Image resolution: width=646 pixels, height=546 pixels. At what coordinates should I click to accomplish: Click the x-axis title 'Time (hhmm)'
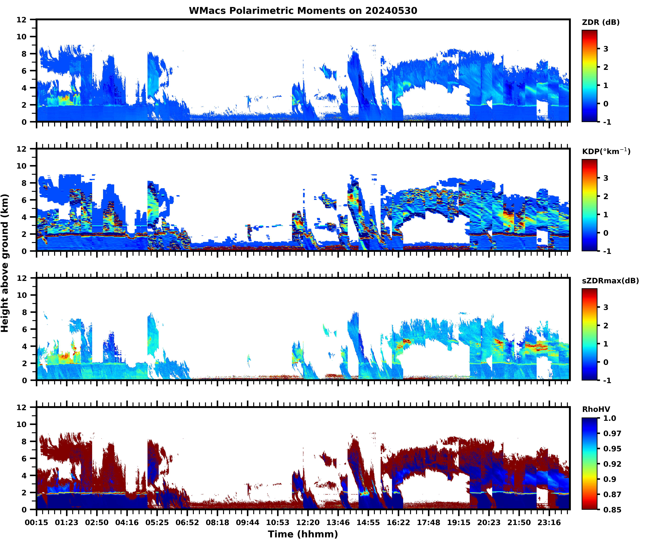coord(303,534)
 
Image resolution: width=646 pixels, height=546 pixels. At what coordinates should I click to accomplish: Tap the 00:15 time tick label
coord(37,522)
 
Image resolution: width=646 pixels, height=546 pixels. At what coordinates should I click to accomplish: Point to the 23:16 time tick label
coord(549,522)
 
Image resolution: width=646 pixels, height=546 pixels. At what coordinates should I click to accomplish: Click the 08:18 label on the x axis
coord(217,522)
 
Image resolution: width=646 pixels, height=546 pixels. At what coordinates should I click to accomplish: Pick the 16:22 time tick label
coord(398,522)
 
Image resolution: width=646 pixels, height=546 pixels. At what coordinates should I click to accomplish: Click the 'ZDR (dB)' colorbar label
coord(601,22)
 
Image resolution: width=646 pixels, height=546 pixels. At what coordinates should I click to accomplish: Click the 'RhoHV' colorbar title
coord(596,409)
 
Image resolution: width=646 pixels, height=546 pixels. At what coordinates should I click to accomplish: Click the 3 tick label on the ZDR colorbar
coord(606,49)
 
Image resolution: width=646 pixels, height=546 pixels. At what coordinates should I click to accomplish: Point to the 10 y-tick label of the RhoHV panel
coord(22,424)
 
